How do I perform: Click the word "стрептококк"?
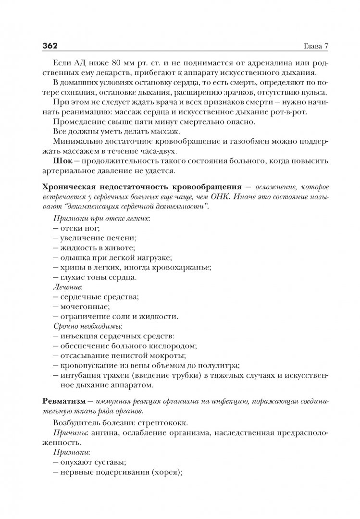[163, 423]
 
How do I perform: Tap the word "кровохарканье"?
[181, 267]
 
